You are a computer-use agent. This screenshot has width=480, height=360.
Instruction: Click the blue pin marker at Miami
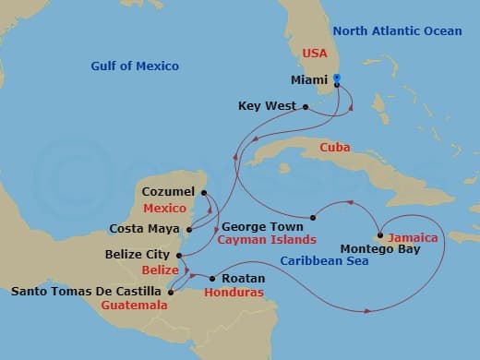coord(337,80)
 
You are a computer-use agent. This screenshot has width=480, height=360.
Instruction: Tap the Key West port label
coord(267,106)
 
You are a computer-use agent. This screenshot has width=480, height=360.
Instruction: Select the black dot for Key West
coord(306,106)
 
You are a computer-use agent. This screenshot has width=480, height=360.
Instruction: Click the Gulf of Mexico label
coord(135,66)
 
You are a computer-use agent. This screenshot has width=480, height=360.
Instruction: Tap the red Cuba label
coord(335,148)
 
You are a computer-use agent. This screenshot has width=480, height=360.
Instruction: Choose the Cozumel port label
coord(169,191)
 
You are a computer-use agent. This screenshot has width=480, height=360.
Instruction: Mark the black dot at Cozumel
coord(204,191)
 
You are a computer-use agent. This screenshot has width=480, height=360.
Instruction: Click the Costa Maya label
coord(145,228)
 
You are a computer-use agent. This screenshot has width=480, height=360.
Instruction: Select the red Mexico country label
coord(164,208)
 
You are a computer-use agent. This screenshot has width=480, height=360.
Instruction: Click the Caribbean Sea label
coord(325,261)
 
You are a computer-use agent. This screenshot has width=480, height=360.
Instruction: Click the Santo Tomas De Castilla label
coord(88,292)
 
